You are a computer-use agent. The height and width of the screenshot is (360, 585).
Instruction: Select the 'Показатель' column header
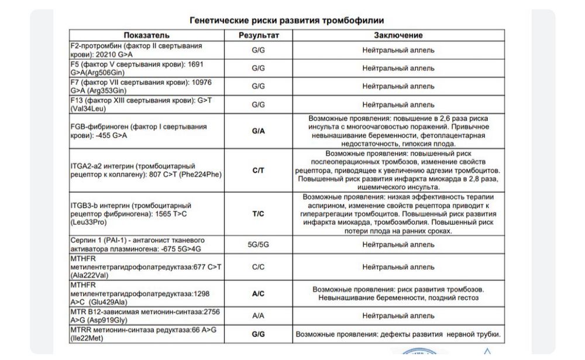click(x=146, y=36)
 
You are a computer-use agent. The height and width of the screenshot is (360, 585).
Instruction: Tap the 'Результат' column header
click(x=259, y=36)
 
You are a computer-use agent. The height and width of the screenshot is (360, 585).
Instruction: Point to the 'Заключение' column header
click(x=398, y=36)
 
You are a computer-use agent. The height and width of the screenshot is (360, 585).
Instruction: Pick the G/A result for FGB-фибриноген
click(x=259, y=131)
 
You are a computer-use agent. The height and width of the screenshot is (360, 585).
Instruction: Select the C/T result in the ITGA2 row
click(x=259, y=170)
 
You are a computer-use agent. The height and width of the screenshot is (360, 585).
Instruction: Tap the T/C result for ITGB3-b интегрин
click(x=259, y=214)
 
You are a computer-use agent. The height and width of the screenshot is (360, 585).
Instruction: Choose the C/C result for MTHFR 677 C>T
click(x=259, y=267)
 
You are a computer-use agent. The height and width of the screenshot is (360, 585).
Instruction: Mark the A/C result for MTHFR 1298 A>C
click(x=259, y=294)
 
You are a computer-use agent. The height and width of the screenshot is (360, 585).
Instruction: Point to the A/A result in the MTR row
click(x=259, y=315)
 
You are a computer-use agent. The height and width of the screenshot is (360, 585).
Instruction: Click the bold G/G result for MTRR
click(x=259, y=334)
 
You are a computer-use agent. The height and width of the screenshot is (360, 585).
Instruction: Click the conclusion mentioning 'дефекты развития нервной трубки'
click(x=398, y=334)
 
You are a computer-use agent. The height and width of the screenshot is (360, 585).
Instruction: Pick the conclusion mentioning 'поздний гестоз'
click(x=398, y=294)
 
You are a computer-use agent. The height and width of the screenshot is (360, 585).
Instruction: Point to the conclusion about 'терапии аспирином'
click(x=398, y=214)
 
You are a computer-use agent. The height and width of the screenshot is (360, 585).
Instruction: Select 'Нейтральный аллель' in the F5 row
click(x=398, y=68)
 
